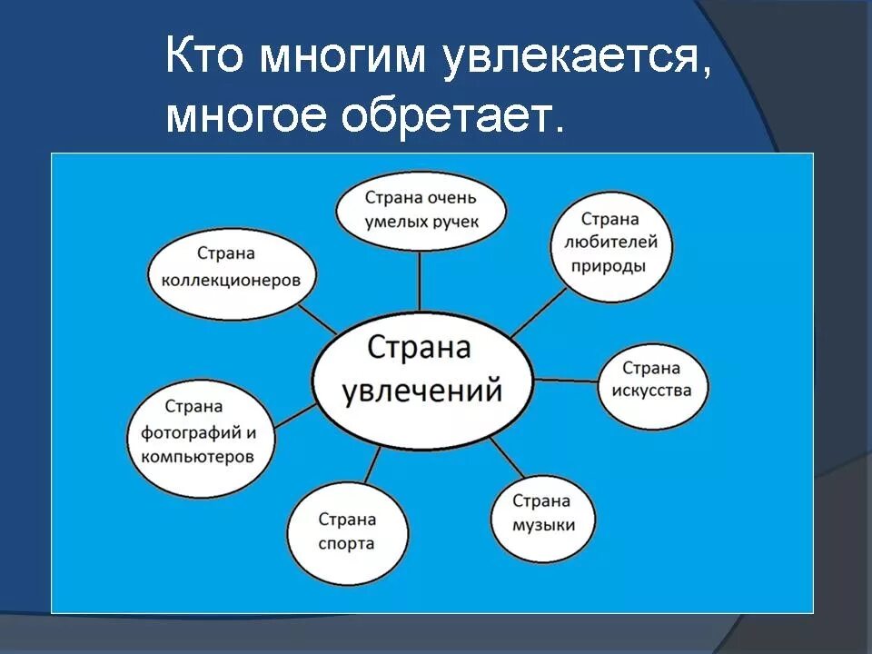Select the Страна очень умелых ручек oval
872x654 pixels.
(x=420, y=209)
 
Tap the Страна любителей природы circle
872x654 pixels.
(x=610, y=243)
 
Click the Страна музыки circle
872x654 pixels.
(x=543, y=513)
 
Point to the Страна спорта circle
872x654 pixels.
(x=347, y=531)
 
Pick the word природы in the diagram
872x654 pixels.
(x=609, y=266)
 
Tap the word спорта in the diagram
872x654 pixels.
(x=347, y=544)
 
